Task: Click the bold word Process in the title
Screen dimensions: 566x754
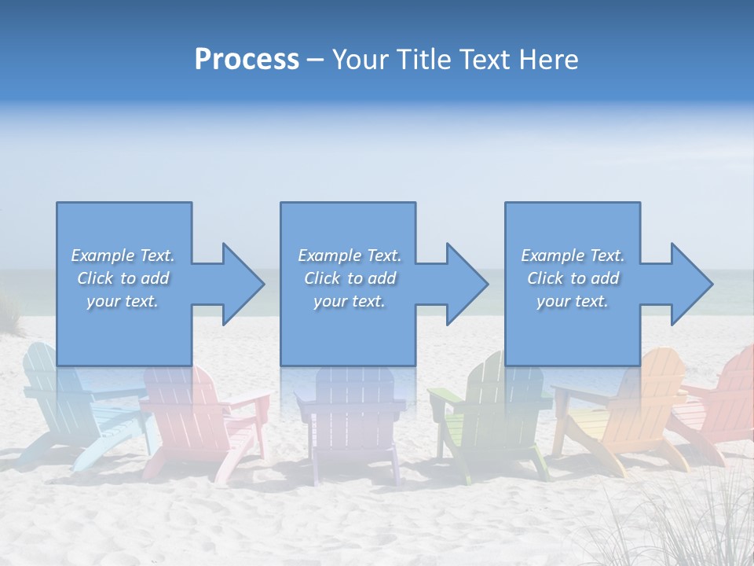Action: click(x=247, y=60)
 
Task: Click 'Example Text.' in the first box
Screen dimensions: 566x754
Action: click(x=123, y=255)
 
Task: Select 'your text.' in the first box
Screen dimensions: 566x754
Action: click(x=123, y=301)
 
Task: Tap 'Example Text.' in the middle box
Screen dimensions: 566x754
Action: click(x=349, y=255)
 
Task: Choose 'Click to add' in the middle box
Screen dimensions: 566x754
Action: click(x=349, y=278)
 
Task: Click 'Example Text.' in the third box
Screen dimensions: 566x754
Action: click(x=572, y=255)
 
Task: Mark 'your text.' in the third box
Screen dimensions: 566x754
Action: click(x=572, y=301)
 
